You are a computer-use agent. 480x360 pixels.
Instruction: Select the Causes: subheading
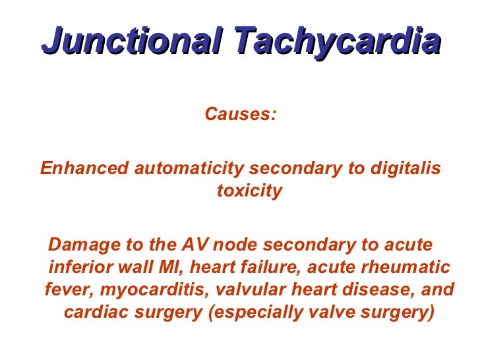tap(241, 114)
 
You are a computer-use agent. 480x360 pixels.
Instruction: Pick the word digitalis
tap(402, 168)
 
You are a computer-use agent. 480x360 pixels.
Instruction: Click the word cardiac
tap(93, 313)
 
